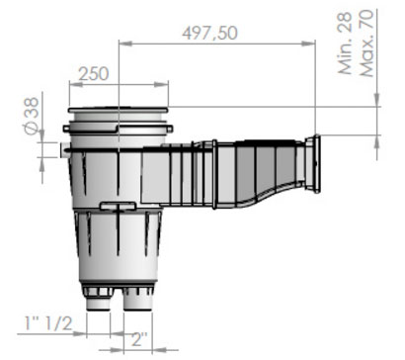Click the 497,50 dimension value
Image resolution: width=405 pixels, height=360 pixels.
tap(209, 33)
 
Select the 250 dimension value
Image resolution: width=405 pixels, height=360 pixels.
tap(93, 73)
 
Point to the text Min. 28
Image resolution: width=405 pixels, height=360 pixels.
tap(346, 44)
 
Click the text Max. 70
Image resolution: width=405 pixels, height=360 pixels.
tap(366, 43)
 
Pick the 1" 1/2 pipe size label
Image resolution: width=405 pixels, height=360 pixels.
tap(48, 323)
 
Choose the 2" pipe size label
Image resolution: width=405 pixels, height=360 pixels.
tap(139, 338)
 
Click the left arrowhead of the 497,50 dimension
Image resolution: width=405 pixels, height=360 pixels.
tap(124, 44)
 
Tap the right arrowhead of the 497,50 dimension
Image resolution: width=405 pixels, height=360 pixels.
tap(308, 44)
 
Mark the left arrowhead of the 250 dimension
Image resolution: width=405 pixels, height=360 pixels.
tap(76, 85)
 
